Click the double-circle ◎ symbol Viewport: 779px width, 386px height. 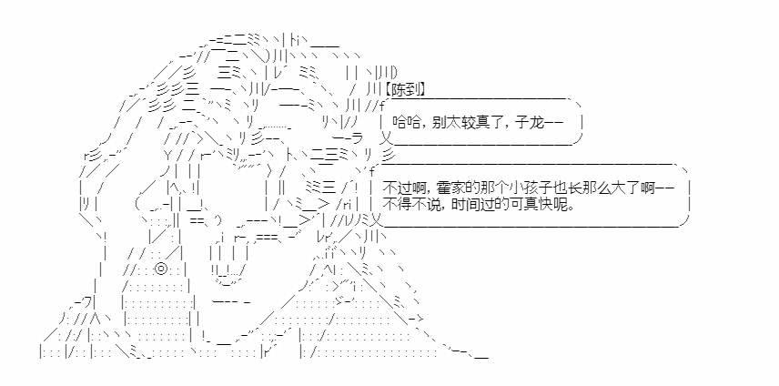coord(160,269)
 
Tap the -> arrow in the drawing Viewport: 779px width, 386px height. coord(416,319)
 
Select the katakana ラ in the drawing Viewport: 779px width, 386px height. coord(357,137)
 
